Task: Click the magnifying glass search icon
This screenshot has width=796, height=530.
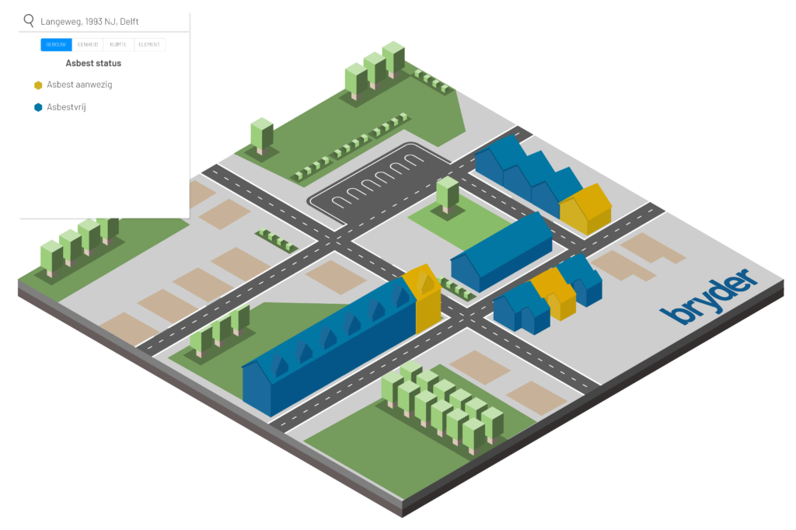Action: [29, 21]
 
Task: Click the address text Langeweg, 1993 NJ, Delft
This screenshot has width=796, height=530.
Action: [89, 22]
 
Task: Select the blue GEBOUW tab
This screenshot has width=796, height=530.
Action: [56, 45]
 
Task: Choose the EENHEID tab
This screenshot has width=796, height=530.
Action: [87, 45]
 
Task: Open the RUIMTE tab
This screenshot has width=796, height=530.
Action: [118, 45]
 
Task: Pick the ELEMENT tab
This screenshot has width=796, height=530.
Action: [149, 45]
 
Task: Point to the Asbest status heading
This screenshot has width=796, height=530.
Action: [93, 64]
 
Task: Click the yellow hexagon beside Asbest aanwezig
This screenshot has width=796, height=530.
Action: [38, 85]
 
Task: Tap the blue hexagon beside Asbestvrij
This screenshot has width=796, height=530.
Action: [38, 107]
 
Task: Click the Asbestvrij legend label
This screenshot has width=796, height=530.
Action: [66, 107]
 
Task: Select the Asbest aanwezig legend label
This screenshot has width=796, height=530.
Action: [79, 85]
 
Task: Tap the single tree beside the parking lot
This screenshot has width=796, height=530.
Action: [447, 194]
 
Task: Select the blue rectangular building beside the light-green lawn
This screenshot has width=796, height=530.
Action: [501, 253]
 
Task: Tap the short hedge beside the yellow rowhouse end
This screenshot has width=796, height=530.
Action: [458, 288]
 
